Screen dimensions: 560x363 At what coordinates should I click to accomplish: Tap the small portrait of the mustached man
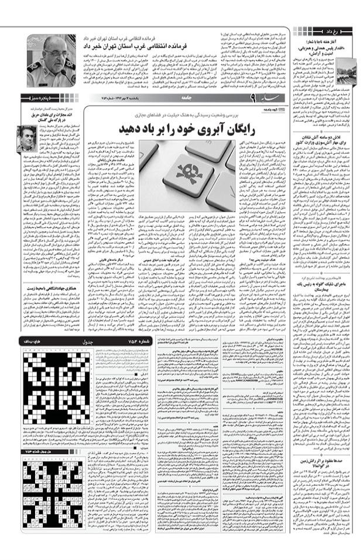[x=26, y=138]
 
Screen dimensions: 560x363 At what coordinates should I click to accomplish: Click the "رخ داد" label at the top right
[x=343, y=28]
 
